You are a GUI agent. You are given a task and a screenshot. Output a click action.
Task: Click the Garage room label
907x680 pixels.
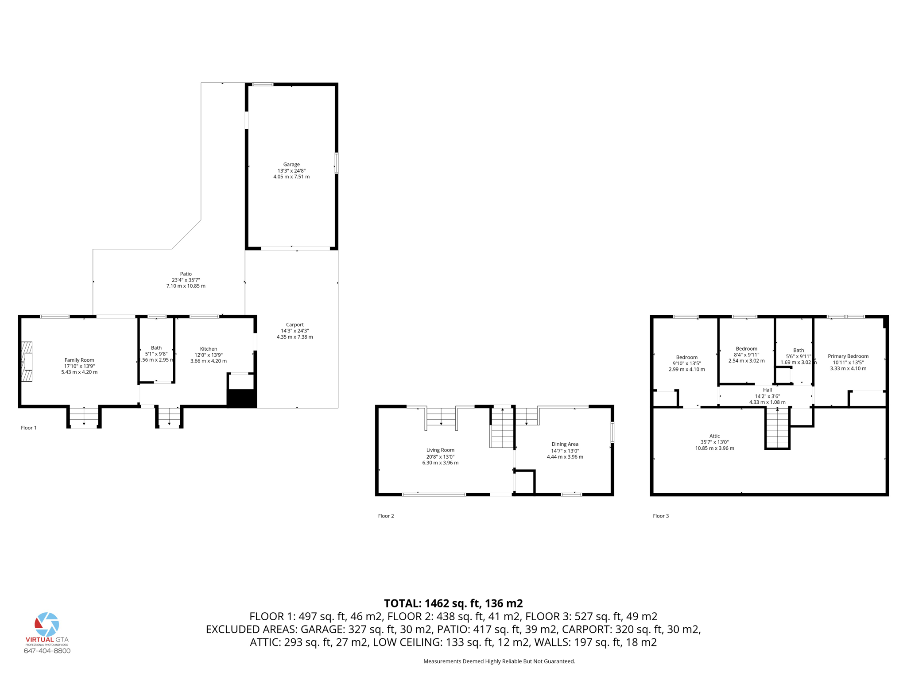tap(291, 164)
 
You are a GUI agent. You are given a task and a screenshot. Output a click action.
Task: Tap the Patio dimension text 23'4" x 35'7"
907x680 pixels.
tap(186, 280)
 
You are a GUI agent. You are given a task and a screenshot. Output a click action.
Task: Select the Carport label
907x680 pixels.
tap(295, 325)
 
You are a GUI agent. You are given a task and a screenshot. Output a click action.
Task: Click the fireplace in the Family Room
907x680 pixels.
tap(27, 361)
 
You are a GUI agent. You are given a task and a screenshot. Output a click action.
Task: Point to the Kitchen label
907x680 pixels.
tap(209, 349)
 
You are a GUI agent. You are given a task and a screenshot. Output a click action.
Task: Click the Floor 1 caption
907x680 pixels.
tap(29, 428)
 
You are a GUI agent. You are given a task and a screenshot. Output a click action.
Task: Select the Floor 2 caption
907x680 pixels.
tap(386, 516)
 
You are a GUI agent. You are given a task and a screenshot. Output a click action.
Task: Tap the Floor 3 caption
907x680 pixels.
tap(661, 516)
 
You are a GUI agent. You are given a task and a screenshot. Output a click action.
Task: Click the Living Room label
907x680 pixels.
tap(440, 450)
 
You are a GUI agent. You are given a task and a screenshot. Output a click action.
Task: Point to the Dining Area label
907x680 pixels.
tap(565, 444)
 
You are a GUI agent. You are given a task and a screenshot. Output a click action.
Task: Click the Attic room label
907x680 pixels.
tap(714, 436)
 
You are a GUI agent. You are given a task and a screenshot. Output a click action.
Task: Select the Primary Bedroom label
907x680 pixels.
tap(848, 356)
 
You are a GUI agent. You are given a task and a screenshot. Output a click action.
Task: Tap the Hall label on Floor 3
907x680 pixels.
tap(767, 390)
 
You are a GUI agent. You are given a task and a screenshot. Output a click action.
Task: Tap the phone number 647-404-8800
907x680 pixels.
tap(47, 651)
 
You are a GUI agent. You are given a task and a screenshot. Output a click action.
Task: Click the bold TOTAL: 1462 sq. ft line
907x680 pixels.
tap(453, 603)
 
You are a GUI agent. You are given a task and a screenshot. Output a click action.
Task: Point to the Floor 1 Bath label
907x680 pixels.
tap(156, 348)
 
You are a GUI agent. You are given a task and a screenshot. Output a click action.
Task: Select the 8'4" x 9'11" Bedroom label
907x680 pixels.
tap(746, 349)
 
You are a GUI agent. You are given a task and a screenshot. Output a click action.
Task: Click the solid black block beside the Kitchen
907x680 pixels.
tap(241, 398)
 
